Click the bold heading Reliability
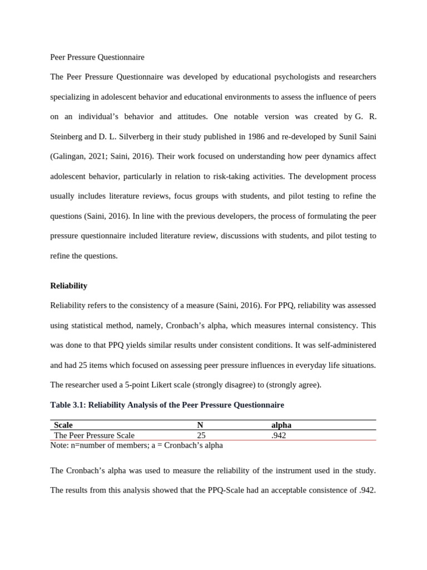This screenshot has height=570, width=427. click(68, 286)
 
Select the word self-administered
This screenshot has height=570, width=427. click(344, 345)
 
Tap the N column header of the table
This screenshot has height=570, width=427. click(200, 425)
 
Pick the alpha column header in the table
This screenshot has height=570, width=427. click(281, 425)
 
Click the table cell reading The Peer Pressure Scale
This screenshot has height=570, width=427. click(94, 435)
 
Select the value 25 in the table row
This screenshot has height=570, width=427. click(201, 435)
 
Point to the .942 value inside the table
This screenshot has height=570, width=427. click(279, 435)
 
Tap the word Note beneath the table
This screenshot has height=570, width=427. click(59, 445)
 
